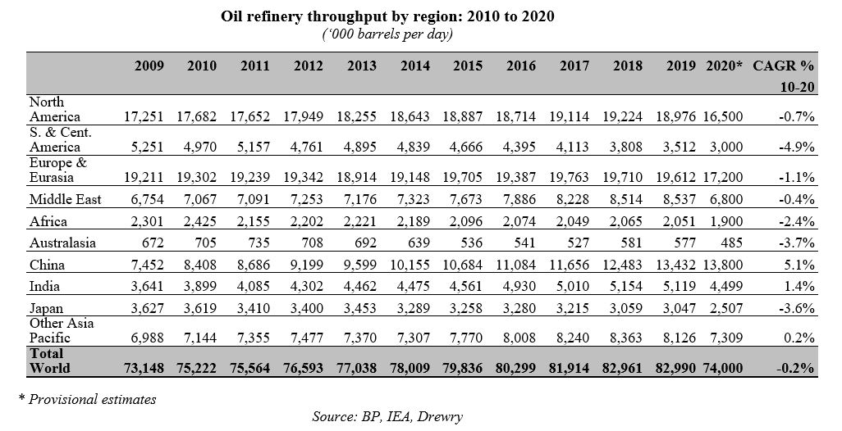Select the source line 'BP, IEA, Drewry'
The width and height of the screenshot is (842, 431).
coord(387,416)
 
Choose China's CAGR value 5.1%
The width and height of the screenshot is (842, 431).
coord(800,265)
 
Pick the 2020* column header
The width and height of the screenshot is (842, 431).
coord(724,66)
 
